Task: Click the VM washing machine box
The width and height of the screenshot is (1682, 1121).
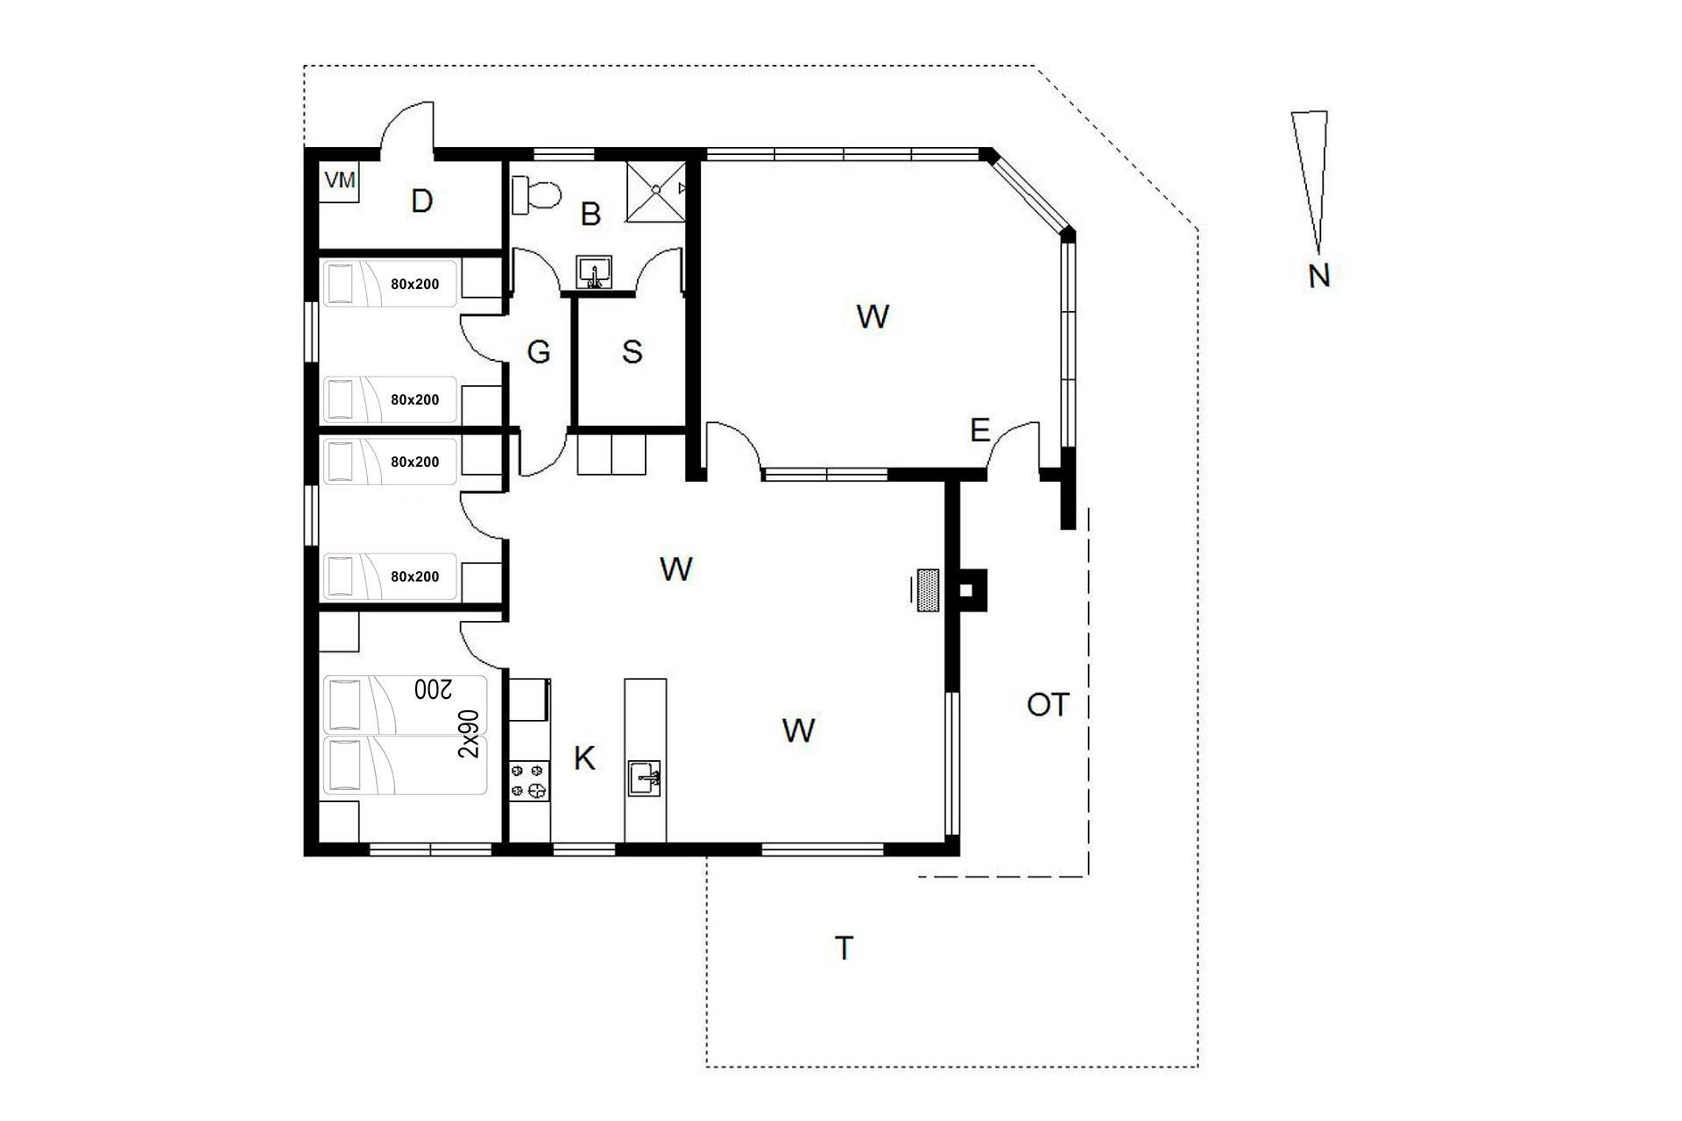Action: coord(340,182)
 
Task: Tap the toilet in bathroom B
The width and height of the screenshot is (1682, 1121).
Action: coord(536,195)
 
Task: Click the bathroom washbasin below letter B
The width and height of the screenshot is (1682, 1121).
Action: coord(594,271)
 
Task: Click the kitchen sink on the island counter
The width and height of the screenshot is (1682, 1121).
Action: coord(644,778)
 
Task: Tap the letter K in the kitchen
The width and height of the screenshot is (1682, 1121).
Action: coord(584,758)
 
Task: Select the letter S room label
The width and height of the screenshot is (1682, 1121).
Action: coord(632,352)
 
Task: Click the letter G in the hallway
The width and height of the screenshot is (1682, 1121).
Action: coord(539,352)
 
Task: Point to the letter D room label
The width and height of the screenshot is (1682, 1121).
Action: coord(422,201)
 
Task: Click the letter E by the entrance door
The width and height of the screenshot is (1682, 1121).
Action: coord(980,430)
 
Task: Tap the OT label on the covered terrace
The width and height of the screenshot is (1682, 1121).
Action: coord(1048,704)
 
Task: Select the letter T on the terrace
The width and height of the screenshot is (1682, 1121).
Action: coord(844,948)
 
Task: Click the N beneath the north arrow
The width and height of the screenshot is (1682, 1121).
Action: coord(1318,276)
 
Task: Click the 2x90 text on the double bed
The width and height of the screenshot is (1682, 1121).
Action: coord(470,734)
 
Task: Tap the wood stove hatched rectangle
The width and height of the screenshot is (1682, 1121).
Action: coord(928,590)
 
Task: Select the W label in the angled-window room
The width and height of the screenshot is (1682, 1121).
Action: coord(873,316)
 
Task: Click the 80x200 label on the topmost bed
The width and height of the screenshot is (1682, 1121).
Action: coord(415,284)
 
